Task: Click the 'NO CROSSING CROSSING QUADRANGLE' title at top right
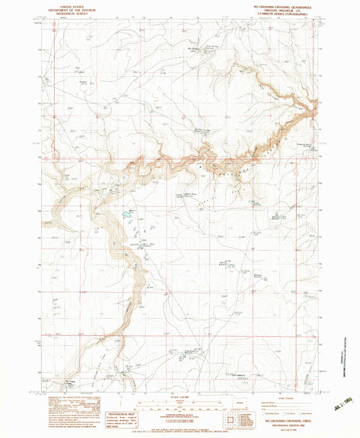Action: (x=281, y=4)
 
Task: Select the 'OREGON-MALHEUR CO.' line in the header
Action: (x=281, y=8)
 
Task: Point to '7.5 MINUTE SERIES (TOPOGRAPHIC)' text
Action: (x=281, y=12)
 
